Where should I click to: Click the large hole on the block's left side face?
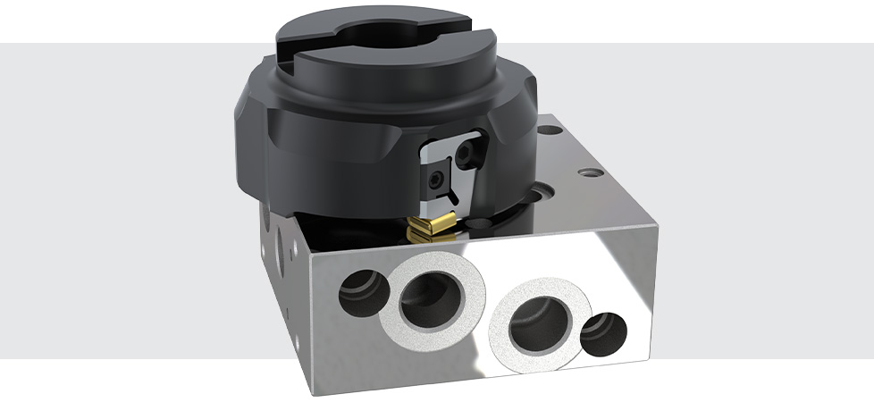[x=283, y=244]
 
